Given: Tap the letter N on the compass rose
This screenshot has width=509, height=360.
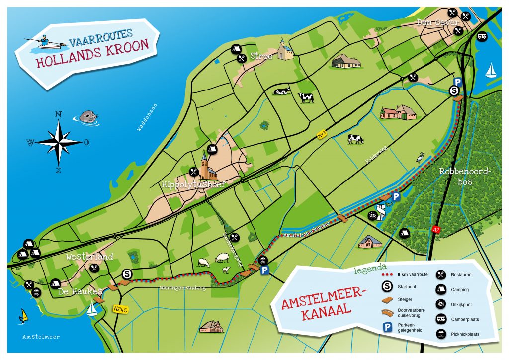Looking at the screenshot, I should (x=58, y=114).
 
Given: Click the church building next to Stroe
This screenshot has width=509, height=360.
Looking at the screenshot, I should (x=285, y=49).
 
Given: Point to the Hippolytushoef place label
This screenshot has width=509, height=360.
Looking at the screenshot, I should (x=193, y=184).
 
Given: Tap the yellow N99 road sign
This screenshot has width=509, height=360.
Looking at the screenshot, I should (x=322, y=134).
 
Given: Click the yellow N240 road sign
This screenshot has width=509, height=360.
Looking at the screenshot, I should (x=121, y=309).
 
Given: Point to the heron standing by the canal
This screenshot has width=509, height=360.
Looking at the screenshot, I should (x=421, y=158).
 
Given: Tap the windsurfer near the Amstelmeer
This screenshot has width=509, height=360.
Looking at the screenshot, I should (x=23, y=315).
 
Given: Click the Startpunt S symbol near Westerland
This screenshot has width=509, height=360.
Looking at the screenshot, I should (x=127, y=274).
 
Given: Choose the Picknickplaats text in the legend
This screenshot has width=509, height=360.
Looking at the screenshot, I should (x=465, y=334).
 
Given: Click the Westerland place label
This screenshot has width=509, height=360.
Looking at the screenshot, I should (x=90, y=257).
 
